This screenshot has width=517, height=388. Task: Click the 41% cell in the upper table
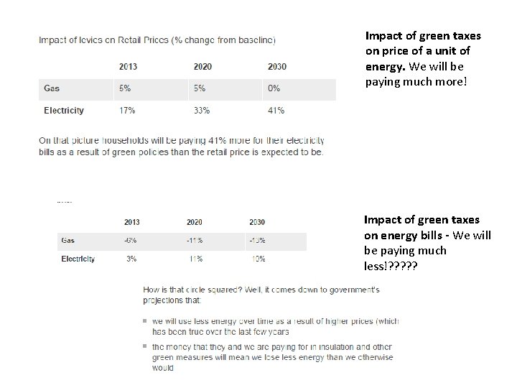pos(276,111)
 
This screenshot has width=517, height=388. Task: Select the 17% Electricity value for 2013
pos(126,111)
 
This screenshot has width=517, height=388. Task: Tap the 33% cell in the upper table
pos(202,111)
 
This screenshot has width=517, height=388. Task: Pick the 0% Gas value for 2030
pos(274,88)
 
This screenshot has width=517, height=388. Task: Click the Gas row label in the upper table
pos(52,88)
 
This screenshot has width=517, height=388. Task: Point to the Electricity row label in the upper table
pos(64,111)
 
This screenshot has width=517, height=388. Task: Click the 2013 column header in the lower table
pos(131,222)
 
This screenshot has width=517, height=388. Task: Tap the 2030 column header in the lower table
pos(257,222)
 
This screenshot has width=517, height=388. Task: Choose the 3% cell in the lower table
pos(131,259)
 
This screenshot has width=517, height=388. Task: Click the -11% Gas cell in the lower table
pos(194,241)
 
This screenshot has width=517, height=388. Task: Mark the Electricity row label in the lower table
pos(78,259)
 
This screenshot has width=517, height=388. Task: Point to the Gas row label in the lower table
pos(68,241)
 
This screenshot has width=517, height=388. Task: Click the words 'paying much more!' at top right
pos(416,81)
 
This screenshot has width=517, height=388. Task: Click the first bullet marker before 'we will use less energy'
pos(145,321)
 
